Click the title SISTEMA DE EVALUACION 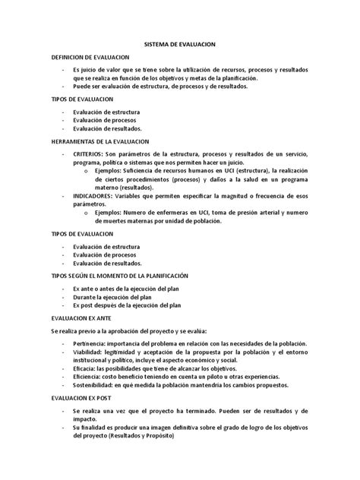click(x=180, y=46)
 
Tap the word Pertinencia click(x=91, y=344)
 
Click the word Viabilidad click(x=89, y=354)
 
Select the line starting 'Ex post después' click(x=126, y=306)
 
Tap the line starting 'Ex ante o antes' click(x=127, y=289)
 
